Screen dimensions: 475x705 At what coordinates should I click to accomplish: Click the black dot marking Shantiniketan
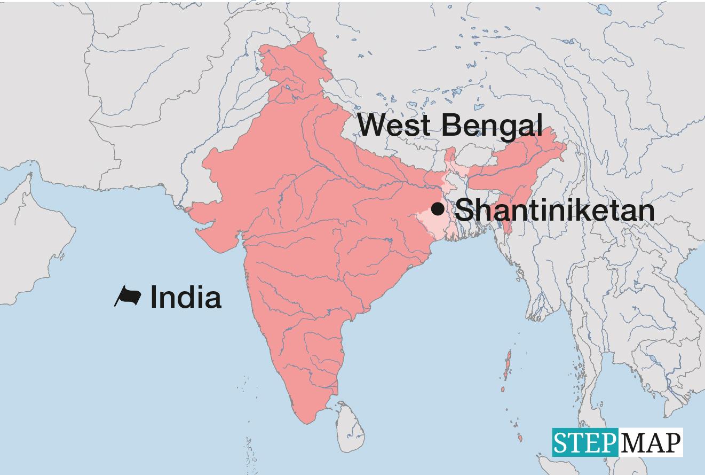coord(438,208)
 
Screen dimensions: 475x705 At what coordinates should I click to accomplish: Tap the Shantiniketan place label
coord(555,210)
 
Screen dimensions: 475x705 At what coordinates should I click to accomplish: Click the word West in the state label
coord(394,125)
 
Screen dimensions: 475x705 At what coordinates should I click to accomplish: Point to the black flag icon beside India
coord(128,297)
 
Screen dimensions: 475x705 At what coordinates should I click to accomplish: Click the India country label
coord(185,297)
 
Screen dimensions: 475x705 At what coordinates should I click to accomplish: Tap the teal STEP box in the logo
coord(585,443)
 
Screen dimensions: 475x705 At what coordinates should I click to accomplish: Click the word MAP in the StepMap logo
coord(651,443)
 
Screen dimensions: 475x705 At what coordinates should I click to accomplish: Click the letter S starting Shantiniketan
coord(465,210)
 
